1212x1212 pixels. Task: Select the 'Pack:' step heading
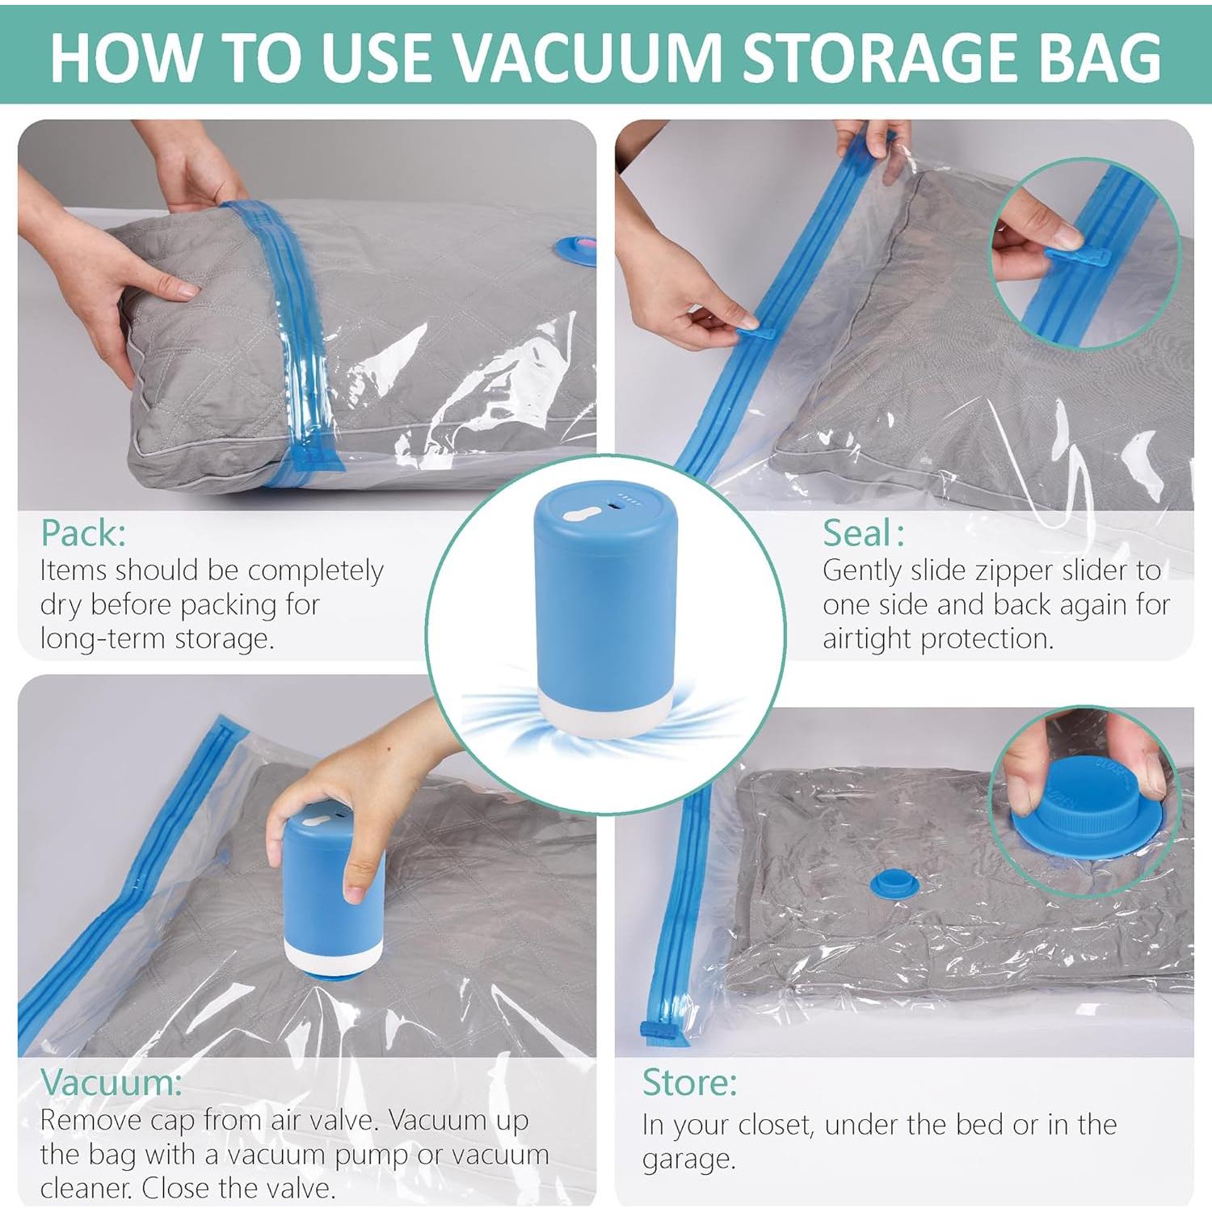83,533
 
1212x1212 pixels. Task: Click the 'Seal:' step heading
863,533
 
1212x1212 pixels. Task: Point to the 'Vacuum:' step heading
112,1083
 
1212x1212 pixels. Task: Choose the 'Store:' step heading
689,1083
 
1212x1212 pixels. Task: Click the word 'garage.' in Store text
689,1159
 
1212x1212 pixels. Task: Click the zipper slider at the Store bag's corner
651,1031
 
